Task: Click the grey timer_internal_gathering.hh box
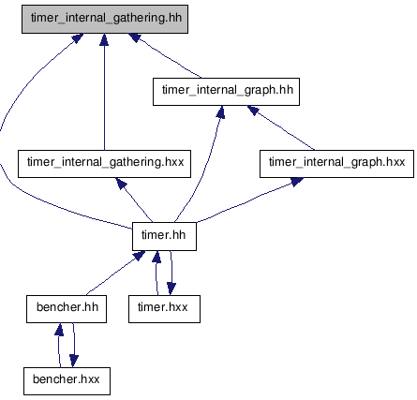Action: coord(105,19)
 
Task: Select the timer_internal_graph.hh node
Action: coord(226,92)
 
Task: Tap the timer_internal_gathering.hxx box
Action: coord(104,164)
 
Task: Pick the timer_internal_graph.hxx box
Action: coord(336,164)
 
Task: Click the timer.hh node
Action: coord(164,236)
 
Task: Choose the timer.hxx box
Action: coord(164,309)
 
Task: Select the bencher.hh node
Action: coord(67,309)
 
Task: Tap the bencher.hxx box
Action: coord(67,381)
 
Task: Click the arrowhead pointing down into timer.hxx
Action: coord(171,289)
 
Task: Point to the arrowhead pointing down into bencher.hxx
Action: coord(74,362)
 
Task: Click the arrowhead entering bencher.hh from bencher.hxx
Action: coord(59,329)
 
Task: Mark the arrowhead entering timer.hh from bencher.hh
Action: coord(139,256)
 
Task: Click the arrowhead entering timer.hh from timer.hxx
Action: coord(156,257)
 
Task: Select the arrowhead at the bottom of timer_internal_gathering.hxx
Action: coord(121,184)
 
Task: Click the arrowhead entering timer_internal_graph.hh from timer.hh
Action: coord(220,111)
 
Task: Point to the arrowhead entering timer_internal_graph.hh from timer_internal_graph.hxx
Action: coord(253,110)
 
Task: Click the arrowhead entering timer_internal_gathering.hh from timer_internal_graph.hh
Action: coord(135,37)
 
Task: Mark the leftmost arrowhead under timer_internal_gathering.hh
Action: coord(78,38)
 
